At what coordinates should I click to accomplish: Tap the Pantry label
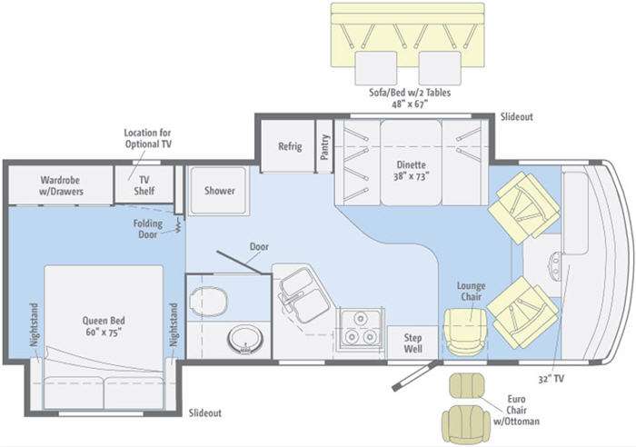[x=324, y=148]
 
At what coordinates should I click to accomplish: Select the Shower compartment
[x=219, y=191]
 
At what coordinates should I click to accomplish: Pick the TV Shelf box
[x=144, y=184]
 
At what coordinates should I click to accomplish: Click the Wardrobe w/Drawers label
[x=59, y=184]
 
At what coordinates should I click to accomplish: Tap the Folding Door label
[x=147, y=228]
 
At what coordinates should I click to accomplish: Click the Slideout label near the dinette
[x=516, y=117]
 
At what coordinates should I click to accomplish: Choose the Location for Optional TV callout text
[x=147, y=138]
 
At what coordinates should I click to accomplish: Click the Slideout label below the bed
[x=204, y=413]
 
